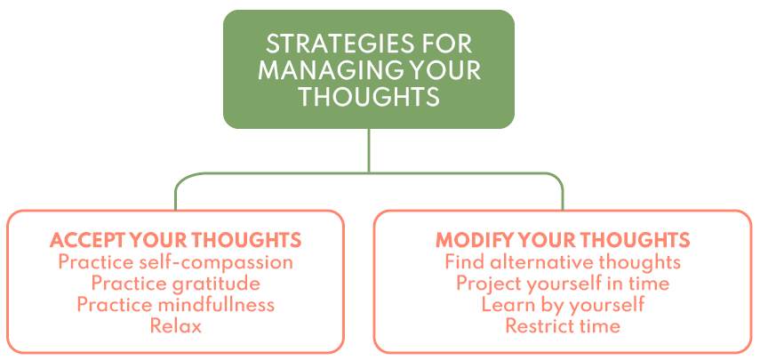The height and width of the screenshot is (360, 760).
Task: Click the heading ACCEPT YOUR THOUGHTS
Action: click(x=175, y=240)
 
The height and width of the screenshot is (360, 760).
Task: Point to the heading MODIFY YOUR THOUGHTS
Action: click(x=563, y=240)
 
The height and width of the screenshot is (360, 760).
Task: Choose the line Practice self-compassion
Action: click(x=175, y=262)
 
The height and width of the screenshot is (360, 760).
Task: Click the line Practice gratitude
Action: click(x=175, y=284)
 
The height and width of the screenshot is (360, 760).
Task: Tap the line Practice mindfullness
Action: click(x=175, y=305)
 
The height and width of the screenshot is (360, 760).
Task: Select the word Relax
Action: click(x=175, y=325)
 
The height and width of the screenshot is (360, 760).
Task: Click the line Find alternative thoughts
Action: click(x=563, y=262)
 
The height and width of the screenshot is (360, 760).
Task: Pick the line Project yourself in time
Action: click(x=563, y=284)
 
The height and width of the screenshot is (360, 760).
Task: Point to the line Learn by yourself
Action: click(x=563, y=305)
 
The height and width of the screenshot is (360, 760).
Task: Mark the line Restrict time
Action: click(x=563, y=325)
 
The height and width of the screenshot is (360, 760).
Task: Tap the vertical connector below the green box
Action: click(x=369, y=150)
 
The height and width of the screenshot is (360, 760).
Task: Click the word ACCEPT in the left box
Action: click(x=84, y=240)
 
